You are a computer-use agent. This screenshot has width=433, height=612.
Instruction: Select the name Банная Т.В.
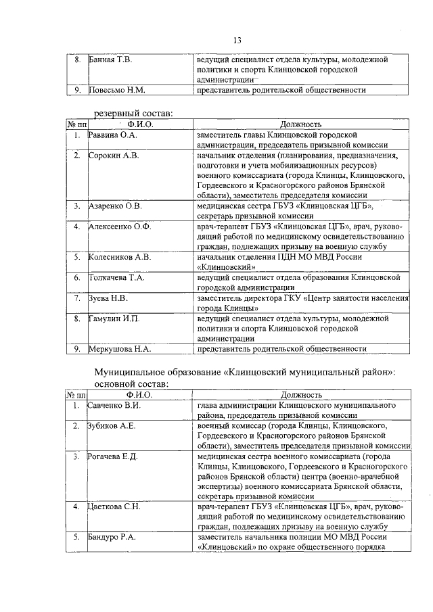click(x=110, y=60)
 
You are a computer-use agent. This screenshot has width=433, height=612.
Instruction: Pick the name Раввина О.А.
click(x=113, y=135)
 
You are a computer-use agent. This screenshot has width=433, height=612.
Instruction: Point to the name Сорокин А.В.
click(x=113, y=156)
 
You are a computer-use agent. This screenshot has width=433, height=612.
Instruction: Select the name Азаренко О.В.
click(x=115, y=206)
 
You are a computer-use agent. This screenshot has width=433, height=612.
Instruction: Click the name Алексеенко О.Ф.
click(x=120, y=226)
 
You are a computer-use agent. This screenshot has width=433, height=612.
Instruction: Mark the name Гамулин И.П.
click(x=114, y=318)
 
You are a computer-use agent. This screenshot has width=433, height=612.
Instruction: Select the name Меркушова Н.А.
click(x=119, y=349)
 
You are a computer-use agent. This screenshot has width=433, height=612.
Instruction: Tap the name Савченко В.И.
click(x=114, y=406)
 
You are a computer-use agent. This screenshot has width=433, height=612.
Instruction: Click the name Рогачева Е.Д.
click(x=113, y=457)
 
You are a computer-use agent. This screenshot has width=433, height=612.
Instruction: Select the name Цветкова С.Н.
click(x=114, y=507)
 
